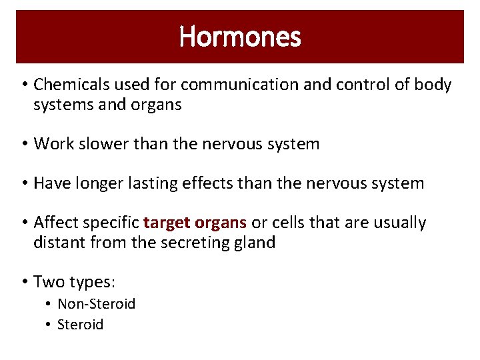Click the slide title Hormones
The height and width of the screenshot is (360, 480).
pos(240,37)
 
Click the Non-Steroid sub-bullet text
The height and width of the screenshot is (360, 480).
pos(96,304)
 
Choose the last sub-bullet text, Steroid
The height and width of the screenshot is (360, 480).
pos(80,325)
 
